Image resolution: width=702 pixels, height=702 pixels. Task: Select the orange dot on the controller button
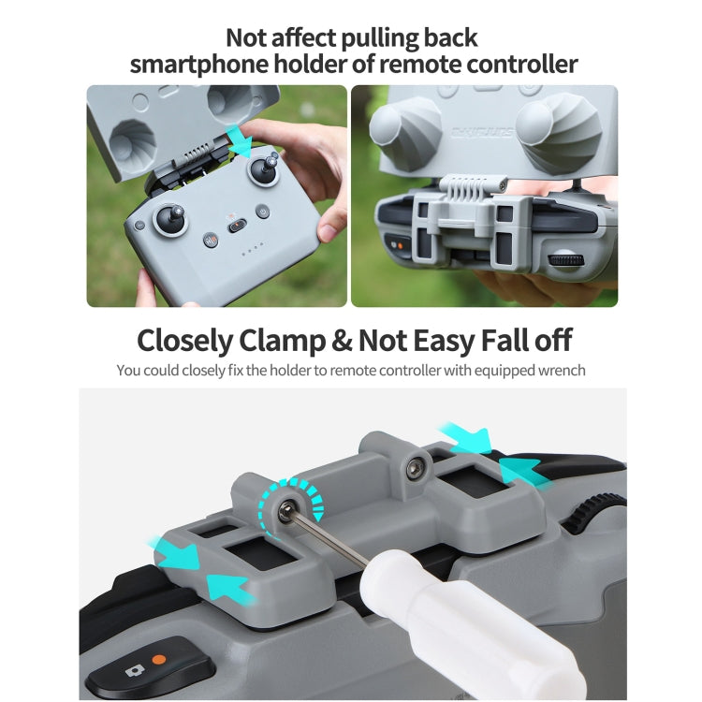tap(159, 659)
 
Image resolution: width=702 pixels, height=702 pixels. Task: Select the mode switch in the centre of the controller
tap(237, 225)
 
